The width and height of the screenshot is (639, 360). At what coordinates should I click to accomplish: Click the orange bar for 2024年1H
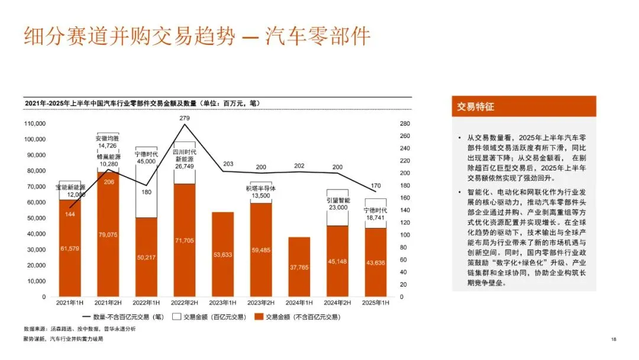click(x=299, y=266)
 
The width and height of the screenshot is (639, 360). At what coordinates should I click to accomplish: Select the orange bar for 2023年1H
click(x=222, y=255)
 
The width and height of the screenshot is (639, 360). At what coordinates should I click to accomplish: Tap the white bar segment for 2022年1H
click(x=146, y=182)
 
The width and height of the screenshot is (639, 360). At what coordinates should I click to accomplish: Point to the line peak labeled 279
click(x=185, y=124)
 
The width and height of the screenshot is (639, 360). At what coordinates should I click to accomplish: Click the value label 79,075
click(x=108, y=235)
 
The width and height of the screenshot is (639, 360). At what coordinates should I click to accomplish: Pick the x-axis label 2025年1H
click(x=375, y=303)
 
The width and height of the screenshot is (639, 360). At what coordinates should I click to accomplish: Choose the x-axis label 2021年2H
click(x=108, y=303)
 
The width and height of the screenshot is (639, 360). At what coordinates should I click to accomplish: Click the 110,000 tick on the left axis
click(x=35, y=124)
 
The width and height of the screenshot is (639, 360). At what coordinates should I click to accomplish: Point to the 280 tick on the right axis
click(x=405, y=124)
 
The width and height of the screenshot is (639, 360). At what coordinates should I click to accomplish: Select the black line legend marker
click(x=86, y=317)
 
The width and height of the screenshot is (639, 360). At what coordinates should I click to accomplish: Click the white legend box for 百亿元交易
click(x=176, y=317)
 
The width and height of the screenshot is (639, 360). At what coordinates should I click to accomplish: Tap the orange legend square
click(x=259, y=317)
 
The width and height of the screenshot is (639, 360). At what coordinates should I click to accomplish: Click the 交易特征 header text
click(x=475, y=107)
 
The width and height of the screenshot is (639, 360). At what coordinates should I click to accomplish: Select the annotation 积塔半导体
click(x=261, y=188)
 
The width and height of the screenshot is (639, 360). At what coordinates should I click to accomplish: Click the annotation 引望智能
click(x=338, y=200)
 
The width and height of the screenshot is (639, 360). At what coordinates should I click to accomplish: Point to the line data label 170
click(x=375, y=185)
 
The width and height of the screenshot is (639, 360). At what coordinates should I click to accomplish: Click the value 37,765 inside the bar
click(x=299, y=268)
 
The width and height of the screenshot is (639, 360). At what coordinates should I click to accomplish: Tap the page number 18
click(x=614, y=339)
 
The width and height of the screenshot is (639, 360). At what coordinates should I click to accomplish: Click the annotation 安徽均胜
click(x=108, y=139)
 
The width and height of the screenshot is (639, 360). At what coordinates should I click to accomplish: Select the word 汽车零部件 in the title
click(x=318, y=36)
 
